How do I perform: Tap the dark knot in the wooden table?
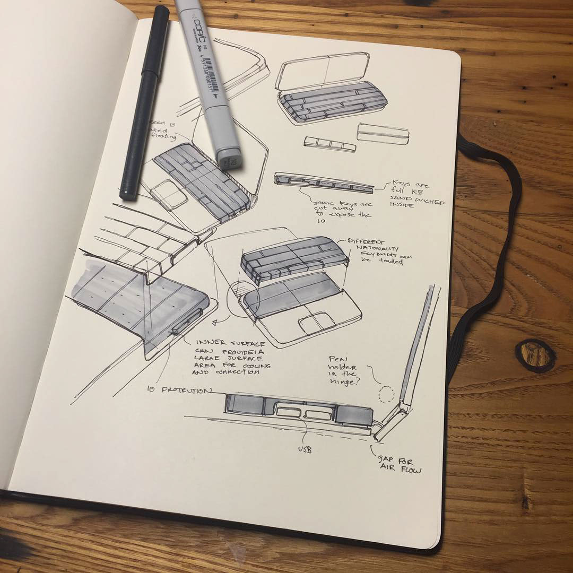535,355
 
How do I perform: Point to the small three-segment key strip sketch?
329,144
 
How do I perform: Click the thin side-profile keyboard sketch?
324,183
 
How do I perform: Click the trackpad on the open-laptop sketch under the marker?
168,195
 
